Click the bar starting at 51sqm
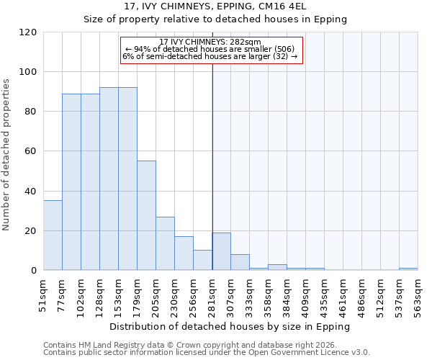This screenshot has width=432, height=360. coord(53,235)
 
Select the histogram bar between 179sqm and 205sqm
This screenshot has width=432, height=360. coord(146,215)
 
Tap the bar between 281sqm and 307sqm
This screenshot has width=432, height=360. coord(221,251)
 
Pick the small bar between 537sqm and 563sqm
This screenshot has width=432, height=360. coord(408,269)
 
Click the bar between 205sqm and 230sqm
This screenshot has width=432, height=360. coord(165,243)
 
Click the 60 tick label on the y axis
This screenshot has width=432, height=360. coord(32,151)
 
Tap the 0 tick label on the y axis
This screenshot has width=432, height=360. coord(34,271)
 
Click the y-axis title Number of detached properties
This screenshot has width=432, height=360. coord(7,155)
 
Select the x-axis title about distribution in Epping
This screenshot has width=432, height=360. coord(230,326)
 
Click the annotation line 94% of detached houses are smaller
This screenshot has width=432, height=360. coord(210,49)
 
